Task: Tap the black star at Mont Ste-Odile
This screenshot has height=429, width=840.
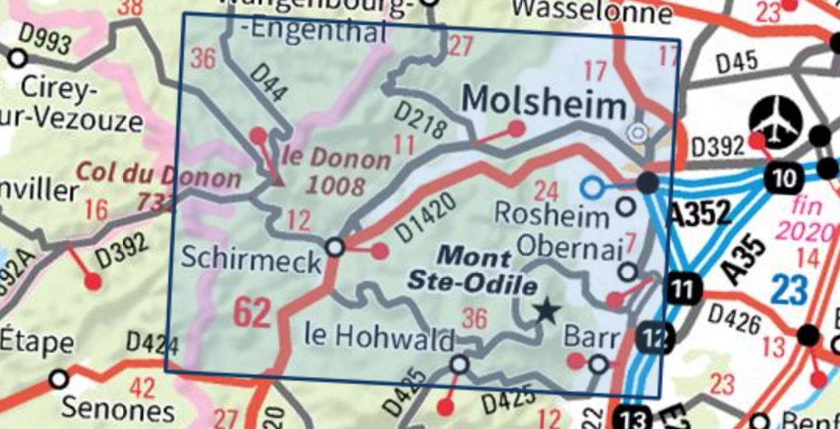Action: (x=547, y=311)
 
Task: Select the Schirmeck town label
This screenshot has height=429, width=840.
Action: (x=250, y=258)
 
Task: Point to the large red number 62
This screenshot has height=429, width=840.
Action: (x=254, y=313)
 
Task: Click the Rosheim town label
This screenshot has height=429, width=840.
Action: (x=552, y=214)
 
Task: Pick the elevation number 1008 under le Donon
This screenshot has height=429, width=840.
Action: (x=335, y=185)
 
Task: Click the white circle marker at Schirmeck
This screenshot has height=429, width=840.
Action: (x=335, y=247)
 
